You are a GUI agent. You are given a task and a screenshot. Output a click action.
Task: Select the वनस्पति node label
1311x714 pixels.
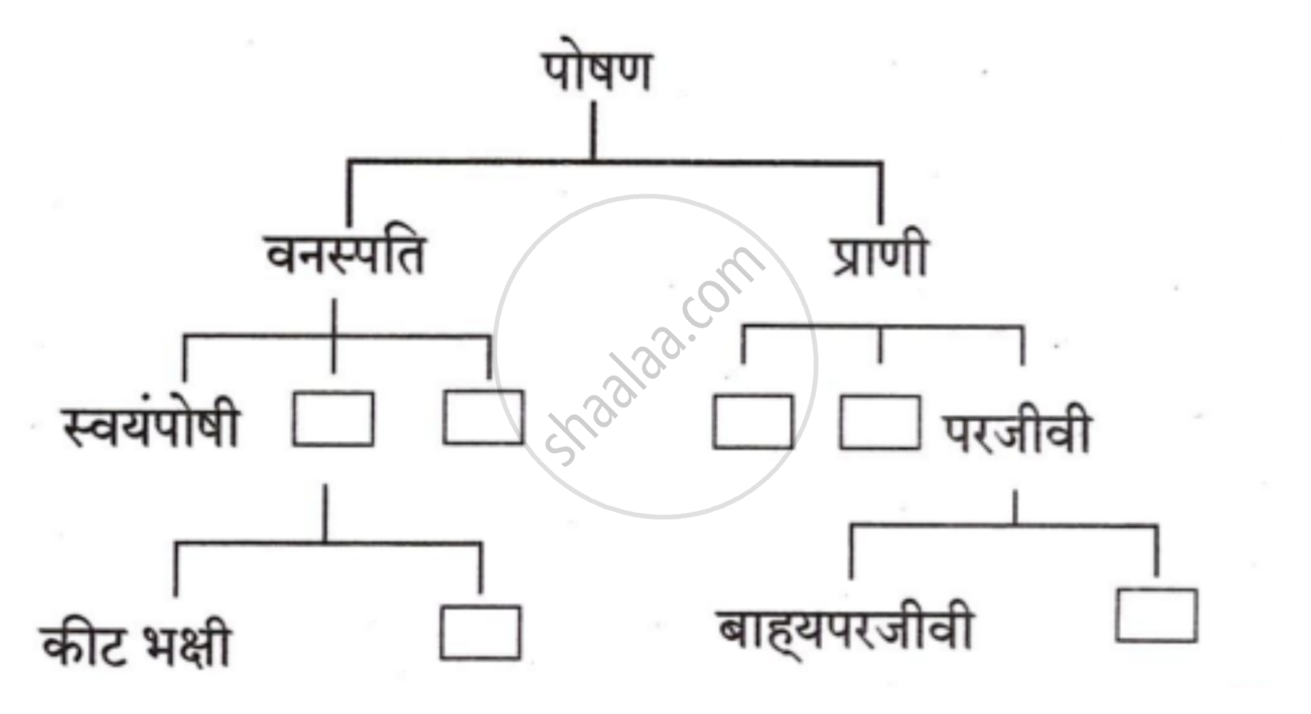click(345, 255)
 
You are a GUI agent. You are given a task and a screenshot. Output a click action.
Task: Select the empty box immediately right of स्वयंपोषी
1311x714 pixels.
click(334, 419)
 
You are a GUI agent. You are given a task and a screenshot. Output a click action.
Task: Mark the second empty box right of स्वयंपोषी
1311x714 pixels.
click(483, 418)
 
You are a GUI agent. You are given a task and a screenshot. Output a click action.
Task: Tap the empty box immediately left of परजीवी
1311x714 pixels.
click(879, 422)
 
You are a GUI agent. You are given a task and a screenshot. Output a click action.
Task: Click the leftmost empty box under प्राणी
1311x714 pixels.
click(752, 422)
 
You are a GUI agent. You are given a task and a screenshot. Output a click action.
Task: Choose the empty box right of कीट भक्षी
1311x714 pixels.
click(481, 633)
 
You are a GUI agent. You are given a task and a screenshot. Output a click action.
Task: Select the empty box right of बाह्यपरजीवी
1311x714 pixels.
click(1157, 615)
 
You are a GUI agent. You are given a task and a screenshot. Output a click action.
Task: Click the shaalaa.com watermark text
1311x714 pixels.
click(654, 356)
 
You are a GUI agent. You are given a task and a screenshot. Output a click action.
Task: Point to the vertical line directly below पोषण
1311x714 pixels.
click(594, 131)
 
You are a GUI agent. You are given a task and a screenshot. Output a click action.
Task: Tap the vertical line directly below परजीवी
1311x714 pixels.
click(1015, 507)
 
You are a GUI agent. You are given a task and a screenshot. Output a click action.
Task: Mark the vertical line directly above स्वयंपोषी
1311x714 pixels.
click(184, 360)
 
